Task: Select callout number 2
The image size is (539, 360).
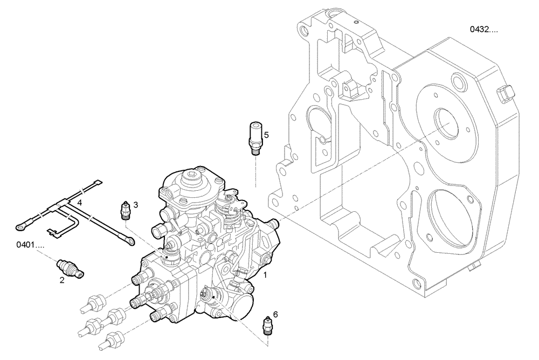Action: (62, 280)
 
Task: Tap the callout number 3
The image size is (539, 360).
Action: (136, 205)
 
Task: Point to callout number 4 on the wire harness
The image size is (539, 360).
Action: (79, 202)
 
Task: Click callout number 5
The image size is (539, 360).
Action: (266, 134)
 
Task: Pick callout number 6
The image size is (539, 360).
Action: (275, 314)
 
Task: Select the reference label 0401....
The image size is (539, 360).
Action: (30, 245)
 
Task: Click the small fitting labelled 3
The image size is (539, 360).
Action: (125, 211)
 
